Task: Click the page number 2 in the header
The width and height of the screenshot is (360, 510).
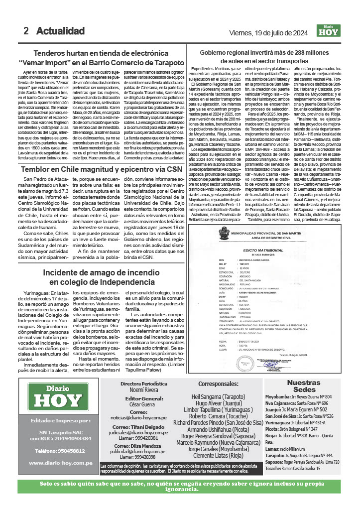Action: pos(26,31)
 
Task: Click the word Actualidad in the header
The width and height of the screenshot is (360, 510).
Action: pos(60,31)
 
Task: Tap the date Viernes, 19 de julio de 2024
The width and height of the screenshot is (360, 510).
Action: pos(267,33)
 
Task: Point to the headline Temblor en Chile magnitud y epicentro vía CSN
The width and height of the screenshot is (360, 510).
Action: pos(98,169)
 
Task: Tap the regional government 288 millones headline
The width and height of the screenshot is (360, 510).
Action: pos(272,56)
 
